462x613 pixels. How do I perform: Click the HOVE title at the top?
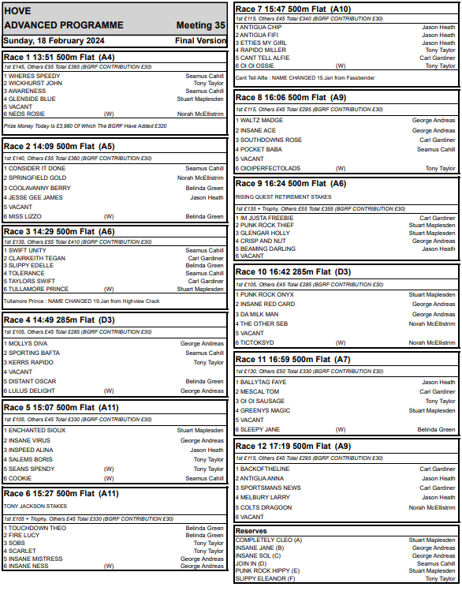click(x=17, y=12)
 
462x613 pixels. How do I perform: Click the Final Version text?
click(x=200, y=39)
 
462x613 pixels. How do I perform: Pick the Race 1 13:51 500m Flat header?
click(x=60, y=58)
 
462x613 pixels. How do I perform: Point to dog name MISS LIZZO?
click(x=26, y=216)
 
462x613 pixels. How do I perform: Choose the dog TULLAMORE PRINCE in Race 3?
click(x=39, y=290)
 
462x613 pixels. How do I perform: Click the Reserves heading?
click(x=251, y=531)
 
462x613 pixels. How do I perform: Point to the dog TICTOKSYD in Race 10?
click(x=257, y=342)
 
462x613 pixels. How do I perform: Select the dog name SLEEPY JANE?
click(x=259, y=429)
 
